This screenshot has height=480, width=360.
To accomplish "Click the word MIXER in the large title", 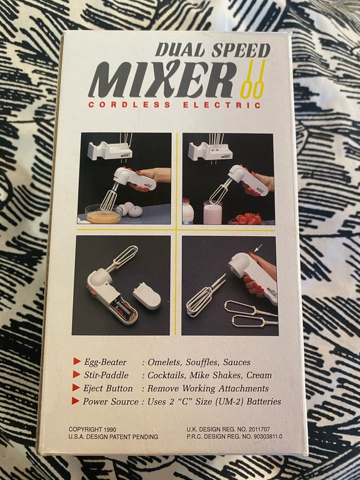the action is tap(162, 79).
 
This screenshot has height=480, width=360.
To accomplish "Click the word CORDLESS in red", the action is tap(129, 105).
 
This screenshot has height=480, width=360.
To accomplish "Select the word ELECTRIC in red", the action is tap(222, 105).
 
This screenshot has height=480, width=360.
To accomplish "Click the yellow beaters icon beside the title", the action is tap(253, 79).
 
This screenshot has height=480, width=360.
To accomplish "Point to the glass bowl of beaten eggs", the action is tap(103, 214).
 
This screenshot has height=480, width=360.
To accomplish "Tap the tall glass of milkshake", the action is tap(212, 212).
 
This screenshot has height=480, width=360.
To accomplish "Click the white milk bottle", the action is tap(188, 211).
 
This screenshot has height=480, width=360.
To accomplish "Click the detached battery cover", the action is tap(147, 295).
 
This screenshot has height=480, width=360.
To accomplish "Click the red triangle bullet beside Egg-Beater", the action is tap(76, 361).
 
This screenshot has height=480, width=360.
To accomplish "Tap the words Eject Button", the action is tap(108, 388).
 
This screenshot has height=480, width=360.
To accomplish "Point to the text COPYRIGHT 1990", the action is tap(92, 429).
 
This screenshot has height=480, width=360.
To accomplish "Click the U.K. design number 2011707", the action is tap(259, 429).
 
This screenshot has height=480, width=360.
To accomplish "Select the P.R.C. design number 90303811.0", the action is tap(268, 436).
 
